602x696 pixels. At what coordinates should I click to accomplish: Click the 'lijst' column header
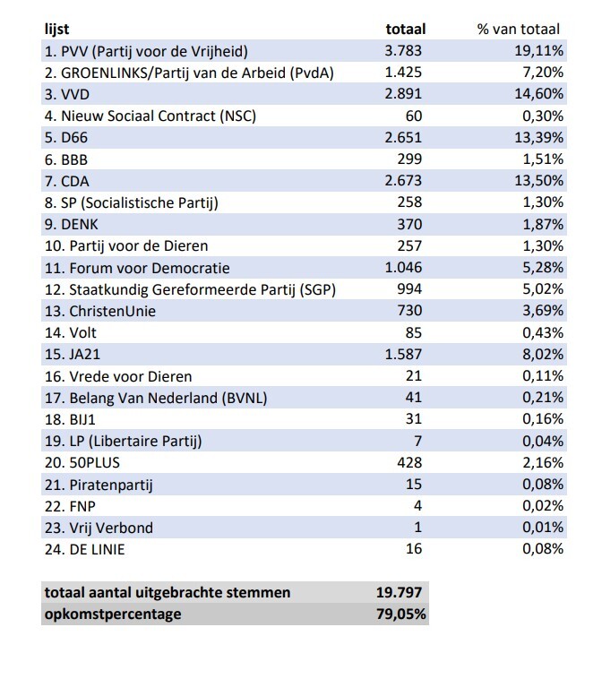coord(56,30)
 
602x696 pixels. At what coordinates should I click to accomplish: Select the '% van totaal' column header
coord(520,30)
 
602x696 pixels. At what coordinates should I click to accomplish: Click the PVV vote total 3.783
coord(403,51)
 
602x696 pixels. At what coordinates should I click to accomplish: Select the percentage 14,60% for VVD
coord(537,94)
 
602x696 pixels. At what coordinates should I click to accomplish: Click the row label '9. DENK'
coord(74,224)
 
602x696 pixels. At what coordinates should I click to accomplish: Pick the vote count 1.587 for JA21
coord(403,354)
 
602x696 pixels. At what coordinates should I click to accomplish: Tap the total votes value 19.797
coord(400,593)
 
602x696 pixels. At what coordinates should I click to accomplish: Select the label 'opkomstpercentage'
coord(112,614)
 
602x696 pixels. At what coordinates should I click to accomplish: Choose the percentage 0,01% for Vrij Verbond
coord(541,528)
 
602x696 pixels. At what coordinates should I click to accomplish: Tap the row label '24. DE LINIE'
coord(84,549)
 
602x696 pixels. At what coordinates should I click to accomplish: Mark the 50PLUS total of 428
coord(409,462)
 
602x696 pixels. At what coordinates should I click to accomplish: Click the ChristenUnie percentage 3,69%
coord(541,311)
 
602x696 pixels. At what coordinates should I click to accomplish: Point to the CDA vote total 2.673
coord(403,181)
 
